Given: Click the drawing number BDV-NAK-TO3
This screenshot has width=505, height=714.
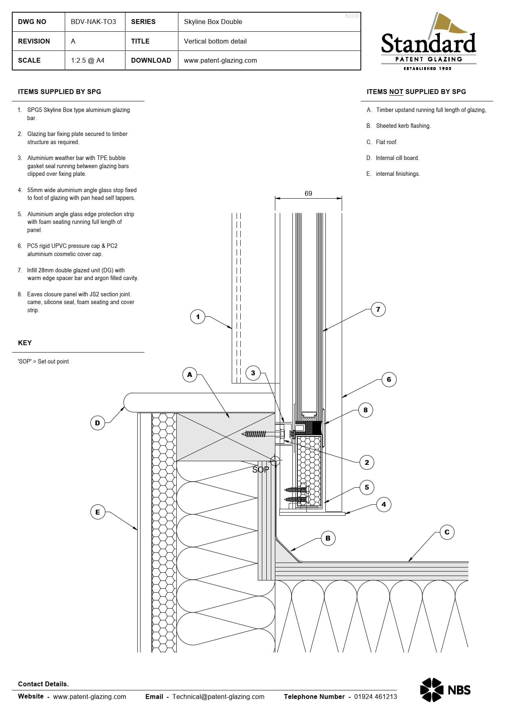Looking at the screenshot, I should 93,22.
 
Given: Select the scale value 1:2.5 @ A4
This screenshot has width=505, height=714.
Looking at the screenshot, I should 88,60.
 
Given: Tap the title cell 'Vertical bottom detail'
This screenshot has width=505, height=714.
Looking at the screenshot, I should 215,41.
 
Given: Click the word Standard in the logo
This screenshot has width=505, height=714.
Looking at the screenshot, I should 428,44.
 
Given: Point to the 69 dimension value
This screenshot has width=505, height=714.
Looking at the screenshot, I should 308,194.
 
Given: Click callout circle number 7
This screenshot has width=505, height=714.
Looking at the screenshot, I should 378,309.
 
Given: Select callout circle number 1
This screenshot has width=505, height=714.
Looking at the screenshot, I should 198,317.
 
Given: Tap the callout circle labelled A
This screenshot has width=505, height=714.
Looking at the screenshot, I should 189,375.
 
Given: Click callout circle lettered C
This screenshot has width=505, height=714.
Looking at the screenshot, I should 447,532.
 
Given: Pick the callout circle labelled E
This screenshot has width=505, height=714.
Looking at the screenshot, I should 97,512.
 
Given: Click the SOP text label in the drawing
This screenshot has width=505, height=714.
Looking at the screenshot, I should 260,470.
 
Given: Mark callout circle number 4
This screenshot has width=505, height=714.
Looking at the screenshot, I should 384,504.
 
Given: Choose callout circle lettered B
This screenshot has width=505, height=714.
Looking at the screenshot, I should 328,538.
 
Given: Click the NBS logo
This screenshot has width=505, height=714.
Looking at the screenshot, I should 445,690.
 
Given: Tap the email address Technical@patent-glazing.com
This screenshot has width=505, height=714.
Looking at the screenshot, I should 218,696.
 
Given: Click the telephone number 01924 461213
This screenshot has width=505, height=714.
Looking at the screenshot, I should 375,696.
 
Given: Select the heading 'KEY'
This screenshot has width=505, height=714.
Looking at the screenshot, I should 25,343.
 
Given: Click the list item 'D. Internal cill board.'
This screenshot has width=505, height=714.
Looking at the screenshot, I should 393,158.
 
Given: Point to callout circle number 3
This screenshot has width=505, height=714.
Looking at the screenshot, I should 253,373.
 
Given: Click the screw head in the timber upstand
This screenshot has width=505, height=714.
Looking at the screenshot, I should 281,434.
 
